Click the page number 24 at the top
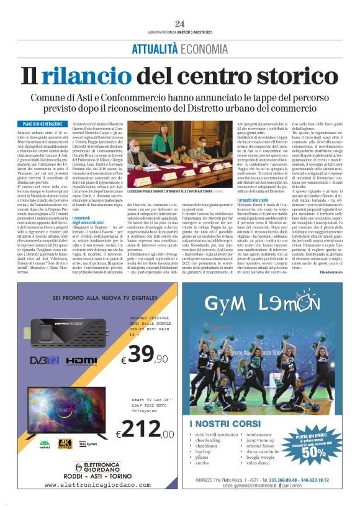[x=180, y=23]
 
